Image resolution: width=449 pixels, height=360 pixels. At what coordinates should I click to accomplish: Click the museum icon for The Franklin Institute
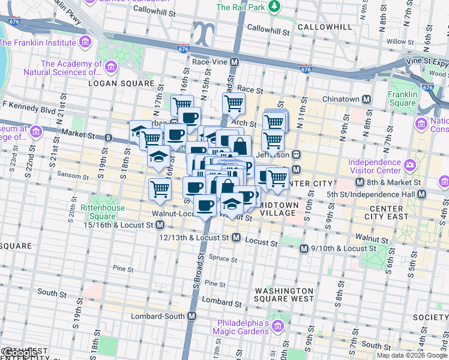point(85,43)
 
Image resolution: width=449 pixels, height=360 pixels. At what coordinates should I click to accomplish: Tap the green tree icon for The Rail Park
point(274,7)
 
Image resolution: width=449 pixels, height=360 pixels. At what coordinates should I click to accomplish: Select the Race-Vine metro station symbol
point(235,62)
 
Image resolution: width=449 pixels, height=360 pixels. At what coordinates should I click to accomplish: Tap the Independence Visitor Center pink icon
point(411,164)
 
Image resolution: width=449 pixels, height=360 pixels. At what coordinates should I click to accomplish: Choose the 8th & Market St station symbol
point(360,182)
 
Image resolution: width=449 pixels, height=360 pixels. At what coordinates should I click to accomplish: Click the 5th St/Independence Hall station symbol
point(422,194)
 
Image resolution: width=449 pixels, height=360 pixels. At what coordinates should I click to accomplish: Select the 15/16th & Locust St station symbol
point(160,225)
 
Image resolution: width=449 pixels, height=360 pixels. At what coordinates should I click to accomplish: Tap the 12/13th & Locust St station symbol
point(236,238)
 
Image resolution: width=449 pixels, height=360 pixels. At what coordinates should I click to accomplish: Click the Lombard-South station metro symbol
point(192,316)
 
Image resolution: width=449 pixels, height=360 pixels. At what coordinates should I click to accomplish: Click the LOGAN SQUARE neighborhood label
point(121,83)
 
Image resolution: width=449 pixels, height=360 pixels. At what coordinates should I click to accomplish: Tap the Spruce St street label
point(223,259)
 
